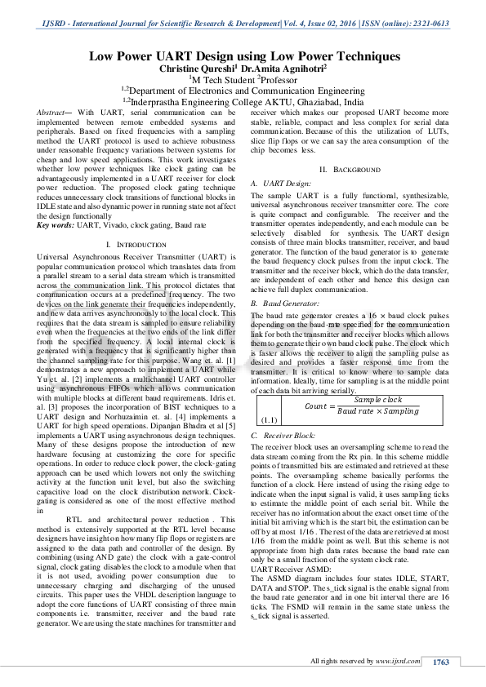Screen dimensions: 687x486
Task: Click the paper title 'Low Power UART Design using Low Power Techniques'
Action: point(244,56)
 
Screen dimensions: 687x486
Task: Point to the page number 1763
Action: point(442,662)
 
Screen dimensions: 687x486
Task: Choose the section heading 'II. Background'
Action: point(350,169)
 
